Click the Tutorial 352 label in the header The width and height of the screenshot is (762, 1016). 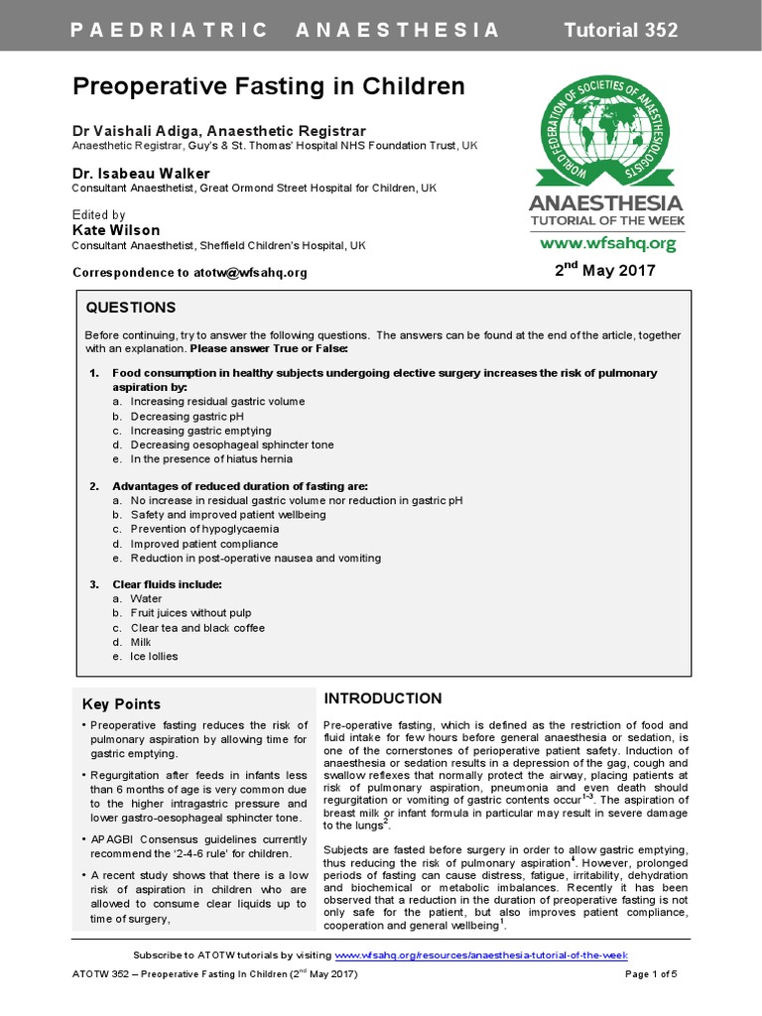tap(621, 30)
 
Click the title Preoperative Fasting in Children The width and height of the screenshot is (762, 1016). tap(269, 87)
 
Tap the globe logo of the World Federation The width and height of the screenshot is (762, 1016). tap(607, 131)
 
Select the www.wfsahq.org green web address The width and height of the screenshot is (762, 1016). tap(607, 243)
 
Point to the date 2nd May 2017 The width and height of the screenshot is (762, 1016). tap(605, 270)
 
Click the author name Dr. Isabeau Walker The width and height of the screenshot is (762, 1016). tap(141, 174)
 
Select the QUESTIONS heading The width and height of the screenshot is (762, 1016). tap(131, 308)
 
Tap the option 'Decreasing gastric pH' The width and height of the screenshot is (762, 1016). tap(187, 417)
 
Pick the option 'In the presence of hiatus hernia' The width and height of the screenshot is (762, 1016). tap(211, 459)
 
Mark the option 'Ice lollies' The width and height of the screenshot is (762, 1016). tap(155, 657)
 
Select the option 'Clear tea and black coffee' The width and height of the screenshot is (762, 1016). tap(197, 628)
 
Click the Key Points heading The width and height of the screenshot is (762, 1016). tap(121, 704)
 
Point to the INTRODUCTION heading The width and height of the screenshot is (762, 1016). tap(383, 698)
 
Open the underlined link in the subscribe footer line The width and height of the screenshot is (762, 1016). tap(481, 954)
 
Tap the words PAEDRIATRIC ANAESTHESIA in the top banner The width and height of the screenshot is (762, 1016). tap(286, 30)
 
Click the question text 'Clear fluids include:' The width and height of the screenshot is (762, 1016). tap(167, 584)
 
